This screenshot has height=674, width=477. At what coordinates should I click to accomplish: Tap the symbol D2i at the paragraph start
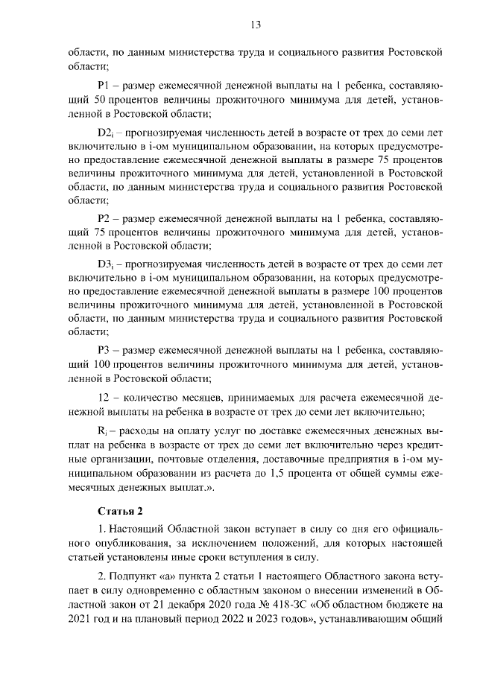click(105, 133)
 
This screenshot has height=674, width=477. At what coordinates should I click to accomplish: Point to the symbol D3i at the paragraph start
click(105, 264)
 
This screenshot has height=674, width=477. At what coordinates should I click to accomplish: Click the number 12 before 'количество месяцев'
click(104, 397)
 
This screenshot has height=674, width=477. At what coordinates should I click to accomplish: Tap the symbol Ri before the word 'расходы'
click(103, 431)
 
